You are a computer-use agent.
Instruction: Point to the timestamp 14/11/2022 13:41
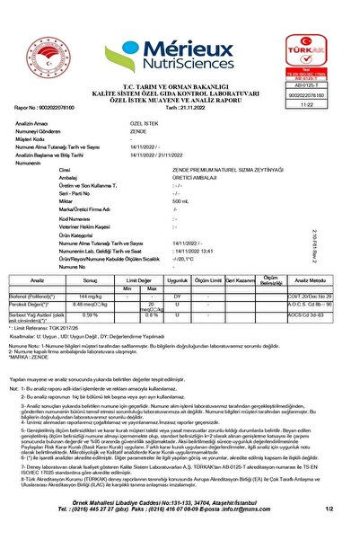192,251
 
